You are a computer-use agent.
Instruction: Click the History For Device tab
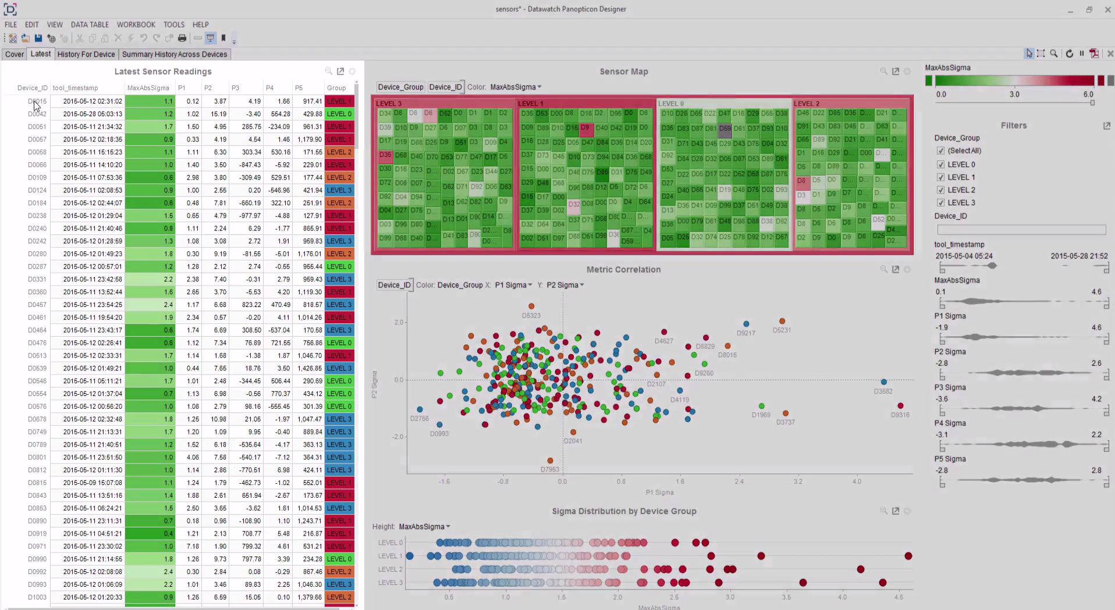(86, 54)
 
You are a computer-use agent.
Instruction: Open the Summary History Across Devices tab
(174, 54)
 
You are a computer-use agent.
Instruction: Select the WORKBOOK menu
(136, 24)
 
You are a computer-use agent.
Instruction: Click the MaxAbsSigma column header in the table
(148, 88)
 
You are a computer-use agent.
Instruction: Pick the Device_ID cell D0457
(37, 305)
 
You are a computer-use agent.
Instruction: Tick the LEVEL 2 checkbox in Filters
(940, 190)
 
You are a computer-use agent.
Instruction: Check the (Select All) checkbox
(940, 151)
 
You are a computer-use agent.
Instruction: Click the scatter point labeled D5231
(782, 321)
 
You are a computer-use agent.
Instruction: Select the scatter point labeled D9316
(900, 406)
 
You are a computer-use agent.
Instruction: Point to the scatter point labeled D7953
(550, 461)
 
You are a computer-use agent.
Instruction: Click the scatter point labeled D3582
(883, 382)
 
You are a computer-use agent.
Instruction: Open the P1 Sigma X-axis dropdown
(513, 285)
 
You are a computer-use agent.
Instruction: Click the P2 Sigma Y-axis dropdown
(565, 285)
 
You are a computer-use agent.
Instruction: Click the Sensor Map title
(623, 72)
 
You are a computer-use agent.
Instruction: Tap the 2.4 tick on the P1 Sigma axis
(738, 481)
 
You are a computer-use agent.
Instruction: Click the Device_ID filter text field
(1021, 230)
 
